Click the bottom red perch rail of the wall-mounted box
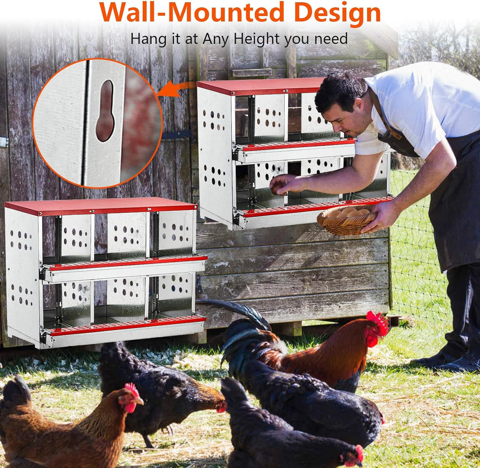[x=315, y=207]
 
